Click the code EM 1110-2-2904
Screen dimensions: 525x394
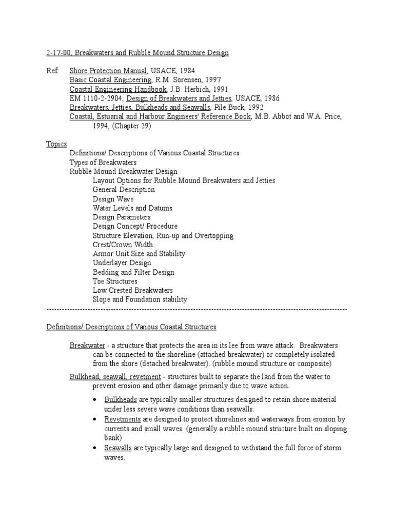(x=95, y=98)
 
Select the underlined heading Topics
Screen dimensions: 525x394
(x=56, y=144)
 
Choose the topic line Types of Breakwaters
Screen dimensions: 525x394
(x=103, y=163)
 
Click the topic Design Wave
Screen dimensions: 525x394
(x=113, y=199)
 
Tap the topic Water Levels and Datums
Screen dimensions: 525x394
(x=132, y=208)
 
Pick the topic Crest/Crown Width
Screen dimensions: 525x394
(x=123, y=245)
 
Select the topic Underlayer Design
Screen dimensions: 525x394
(x=123, y=263)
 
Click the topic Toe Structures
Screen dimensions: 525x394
(x=115, y=281)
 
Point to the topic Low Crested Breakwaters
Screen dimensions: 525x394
(x=133, y=290)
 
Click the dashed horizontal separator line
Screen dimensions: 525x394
(x=197, y=310)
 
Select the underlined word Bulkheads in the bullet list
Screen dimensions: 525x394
(x=120, y=399)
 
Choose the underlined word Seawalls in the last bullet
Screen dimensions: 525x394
(x=118, y=448)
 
